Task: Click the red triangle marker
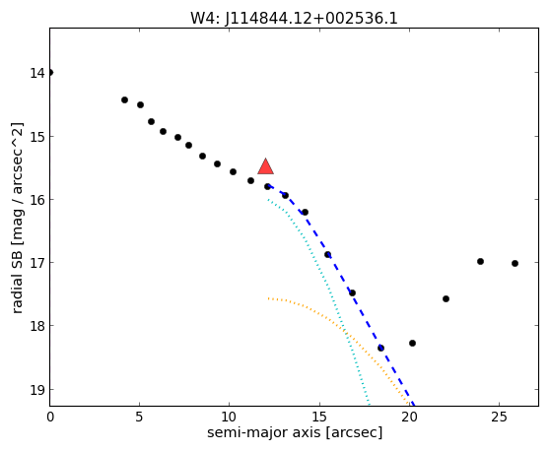click(x=265, y=166)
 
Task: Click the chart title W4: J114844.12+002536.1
click(x=294, y=19)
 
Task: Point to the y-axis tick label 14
click(x=37, y=73)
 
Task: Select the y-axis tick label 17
click(x=37, y=263)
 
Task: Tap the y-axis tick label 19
click(x=37, y=389)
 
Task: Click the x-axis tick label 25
click(x=499, y=417)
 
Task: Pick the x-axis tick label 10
click(x=229, y=417)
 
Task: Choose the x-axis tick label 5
click(x=140, y=417)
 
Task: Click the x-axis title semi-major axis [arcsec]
click(x=295, y=432)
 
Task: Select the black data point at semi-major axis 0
click(x=50, y=73)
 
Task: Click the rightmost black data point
click(x=515, y=264)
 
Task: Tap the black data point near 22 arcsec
click(x=446, y=299)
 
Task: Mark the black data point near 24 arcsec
click(x=481, y=261)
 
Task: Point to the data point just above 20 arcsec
click(x=412, y=343)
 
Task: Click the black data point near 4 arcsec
click(x=124, y=99)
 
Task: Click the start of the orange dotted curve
click(x=268, y=298)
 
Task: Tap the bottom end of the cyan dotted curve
click(x=370, y=405)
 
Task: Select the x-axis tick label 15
click(x=319, y=417)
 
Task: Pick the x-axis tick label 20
click(x=409, y=417)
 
